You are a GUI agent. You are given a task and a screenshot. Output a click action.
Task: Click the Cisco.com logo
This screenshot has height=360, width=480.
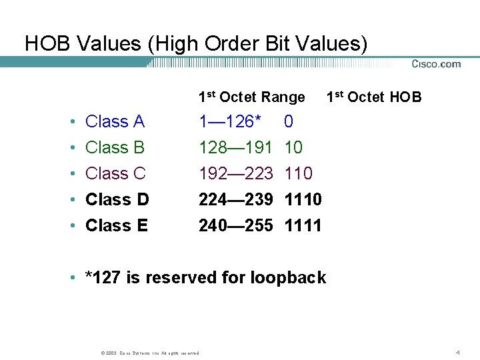point(436,64)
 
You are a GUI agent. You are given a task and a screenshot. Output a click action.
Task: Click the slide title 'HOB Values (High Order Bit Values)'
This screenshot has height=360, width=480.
point(196,43)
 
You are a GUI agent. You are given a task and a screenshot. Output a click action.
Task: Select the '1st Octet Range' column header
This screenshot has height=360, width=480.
point(251,97)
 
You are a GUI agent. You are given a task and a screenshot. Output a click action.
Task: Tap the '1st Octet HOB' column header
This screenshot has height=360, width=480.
point(374,97)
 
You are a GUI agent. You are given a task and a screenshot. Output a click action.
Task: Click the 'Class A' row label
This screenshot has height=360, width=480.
point(115,121)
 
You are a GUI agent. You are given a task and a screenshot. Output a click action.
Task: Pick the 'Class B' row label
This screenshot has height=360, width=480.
point(115,147)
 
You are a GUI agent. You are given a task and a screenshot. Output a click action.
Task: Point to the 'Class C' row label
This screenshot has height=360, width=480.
point(115,173)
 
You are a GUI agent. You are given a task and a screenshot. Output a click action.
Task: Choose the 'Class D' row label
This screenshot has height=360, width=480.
point(117,199)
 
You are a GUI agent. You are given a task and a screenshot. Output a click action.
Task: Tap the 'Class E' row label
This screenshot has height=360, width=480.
point(117,225)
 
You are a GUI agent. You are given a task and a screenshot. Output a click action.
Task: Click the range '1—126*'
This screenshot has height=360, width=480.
point(230,121)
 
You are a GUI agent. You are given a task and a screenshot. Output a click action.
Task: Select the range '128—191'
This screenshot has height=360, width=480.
point(236,147)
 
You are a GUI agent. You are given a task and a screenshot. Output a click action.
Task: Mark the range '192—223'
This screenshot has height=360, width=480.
point(236,173)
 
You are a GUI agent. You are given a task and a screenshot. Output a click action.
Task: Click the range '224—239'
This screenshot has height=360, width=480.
point(236,199)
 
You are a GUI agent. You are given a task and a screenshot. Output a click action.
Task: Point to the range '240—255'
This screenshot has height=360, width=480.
point(236,225)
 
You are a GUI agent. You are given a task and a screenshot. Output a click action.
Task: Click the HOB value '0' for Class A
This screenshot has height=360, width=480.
point(289,121)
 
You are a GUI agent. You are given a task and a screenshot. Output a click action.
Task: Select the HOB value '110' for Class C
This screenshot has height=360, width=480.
point(298,173)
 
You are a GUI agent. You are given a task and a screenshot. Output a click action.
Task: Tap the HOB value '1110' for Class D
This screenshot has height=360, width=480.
point(303,199)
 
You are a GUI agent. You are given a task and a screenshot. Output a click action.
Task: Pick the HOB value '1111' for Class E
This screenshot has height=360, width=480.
point(303,225)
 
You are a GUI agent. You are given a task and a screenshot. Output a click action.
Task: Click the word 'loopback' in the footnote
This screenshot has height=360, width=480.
point(288,277)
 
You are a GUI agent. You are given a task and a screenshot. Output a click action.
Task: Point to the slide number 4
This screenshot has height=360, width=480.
point(458,351)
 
